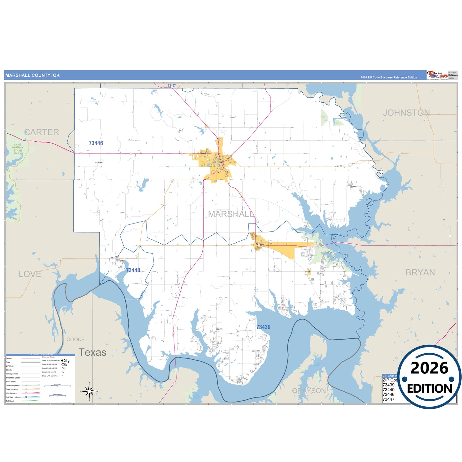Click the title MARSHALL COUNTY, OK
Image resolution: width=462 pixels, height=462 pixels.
[32, 75]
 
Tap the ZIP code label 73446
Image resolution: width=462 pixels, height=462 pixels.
[96, 143]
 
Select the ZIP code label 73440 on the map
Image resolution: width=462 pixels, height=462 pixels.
[133, 270]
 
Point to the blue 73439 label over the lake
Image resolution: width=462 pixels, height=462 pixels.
[263, 327]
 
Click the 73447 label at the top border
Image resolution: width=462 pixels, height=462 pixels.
[172, 86]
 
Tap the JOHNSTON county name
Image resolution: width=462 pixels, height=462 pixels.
[406, 113]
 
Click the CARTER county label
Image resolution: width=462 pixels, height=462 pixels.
[42, 132]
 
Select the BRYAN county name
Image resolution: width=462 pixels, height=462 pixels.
[420, 272]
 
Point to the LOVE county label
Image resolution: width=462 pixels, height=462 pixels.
[30, 274]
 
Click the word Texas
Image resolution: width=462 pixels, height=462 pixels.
[92, 352]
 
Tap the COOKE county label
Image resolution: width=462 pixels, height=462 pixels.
[75, 339]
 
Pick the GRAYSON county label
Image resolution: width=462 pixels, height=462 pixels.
[309, 391]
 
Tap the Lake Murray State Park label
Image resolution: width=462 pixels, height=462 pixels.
[18, 149]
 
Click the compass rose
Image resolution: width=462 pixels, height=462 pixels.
[89, 391]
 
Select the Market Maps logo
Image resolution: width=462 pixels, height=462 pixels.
[437, 75]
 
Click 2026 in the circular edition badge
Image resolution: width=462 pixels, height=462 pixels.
[429, 368]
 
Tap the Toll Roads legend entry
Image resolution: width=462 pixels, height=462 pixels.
[10, 401]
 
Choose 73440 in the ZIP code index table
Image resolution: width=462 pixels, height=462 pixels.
[388, 389]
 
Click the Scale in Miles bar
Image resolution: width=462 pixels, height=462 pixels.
[58, 386]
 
